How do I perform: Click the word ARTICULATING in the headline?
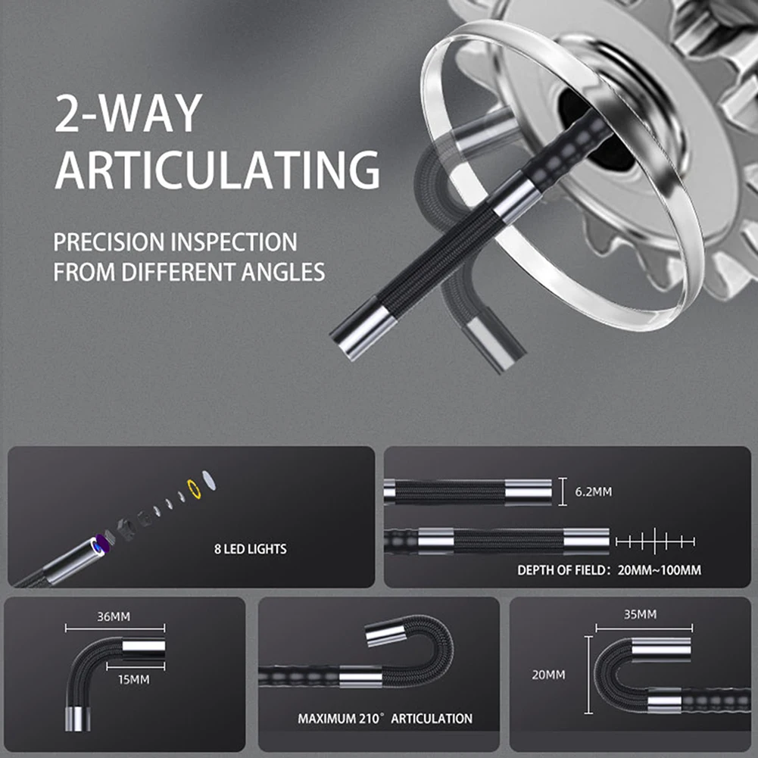click(x=217, y=169)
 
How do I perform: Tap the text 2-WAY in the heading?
click(x=128, y=113)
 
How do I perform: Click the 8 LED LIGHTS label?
click(x=250, y=548)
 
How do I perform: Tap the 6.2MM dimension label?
click(x=593, y=492)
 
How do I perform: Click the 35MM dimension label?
click(x=640, y=614)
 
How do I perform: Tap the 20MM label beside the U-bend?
click(x=549, y=674)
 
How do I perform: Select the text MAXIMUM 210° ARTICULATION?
click(x=385, y=719)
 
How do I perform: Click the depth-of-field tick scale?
click(x=654, y=541)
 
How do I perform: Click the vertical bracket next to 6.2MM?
click(x=561, y=492)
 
